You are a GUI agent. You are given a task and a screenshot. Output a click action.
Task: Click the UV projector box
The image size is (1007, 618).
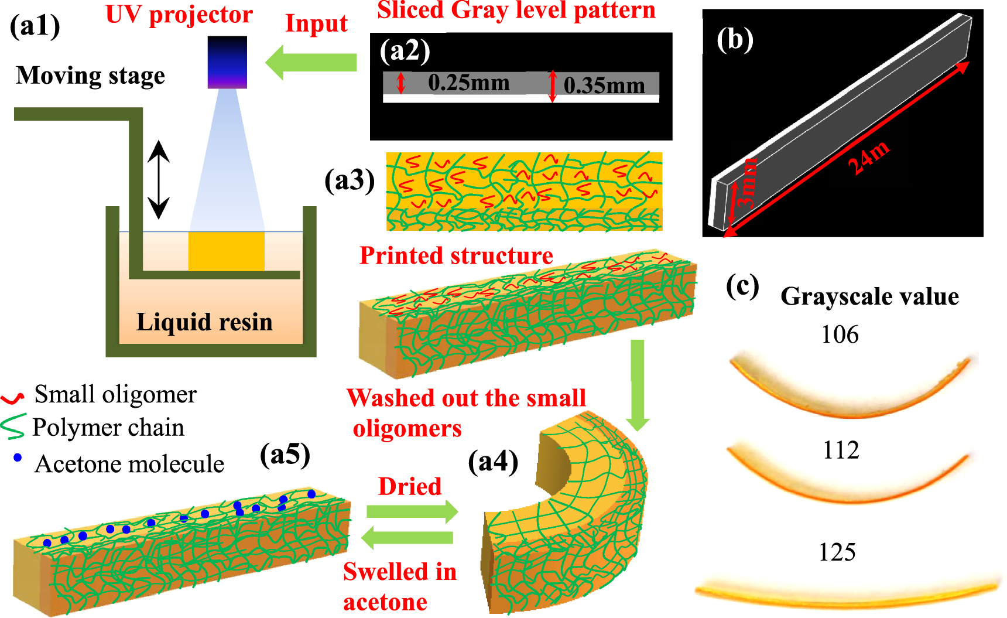[x=227, y=62]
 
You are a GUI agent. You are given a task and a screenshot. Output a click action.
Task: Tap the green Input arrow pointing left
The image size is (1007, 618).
[x=311, y=62]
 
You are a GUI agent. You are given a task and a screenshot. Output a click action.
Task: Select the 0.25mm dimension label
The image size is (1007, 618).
[x=468, y=83]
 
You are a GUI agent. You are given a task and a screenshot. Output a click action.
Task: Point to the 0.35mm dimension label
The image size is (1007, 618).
[x=604, y=86]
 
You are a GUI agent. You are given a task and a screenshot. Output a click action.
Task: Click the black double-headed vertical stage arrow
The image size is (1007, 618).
[x=158, y=179]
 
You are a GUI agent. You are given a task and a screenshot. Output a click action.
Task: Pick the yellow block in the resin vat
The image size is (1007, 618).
[x=226, y=251]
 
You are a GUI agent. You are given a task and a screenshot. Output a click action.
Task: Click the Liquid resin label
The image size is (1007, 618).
[x=204, y=322]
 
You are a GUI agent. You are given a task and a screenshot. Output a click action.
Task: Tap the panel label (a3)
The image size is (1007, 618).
[x=350, y=180]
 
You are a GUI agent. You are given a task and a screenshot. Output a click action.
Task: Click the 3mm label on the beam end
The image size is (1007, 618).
[x=745, y=182]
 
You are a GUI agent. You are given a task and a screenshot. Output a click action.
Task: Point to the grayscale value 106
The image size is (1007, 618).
[x=840, y=334]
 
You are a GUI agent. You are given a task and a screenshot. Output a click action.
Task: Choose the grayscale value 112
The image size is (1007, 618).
[x=841, y=450]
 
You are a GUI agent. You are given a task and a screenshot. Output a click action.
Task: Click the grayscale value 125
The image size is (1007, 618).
[x=837, y=552]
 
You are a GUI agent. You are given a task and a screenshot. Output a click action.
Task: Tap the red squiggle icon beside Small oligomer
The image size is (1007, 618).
[x=12, y=398]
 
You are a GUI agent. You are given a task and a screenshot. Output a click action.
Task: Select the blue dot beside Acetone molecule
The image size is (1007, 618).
[x=18, y=457]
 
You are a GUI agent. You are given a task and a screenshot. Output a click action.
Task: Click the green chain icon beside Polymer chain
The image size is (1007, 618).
[x=13, y=426]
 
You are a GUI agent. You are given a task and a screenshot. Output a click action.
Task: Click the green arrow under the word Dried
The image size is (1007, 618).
[x=412, y=511]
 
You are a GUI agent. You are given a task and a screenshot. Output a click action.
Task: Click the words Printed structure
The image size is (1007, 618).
[x=456, y=255]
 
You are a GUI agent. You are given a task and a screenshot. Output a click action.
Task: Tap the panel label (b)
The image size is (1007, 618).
[x=735, y=39]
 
